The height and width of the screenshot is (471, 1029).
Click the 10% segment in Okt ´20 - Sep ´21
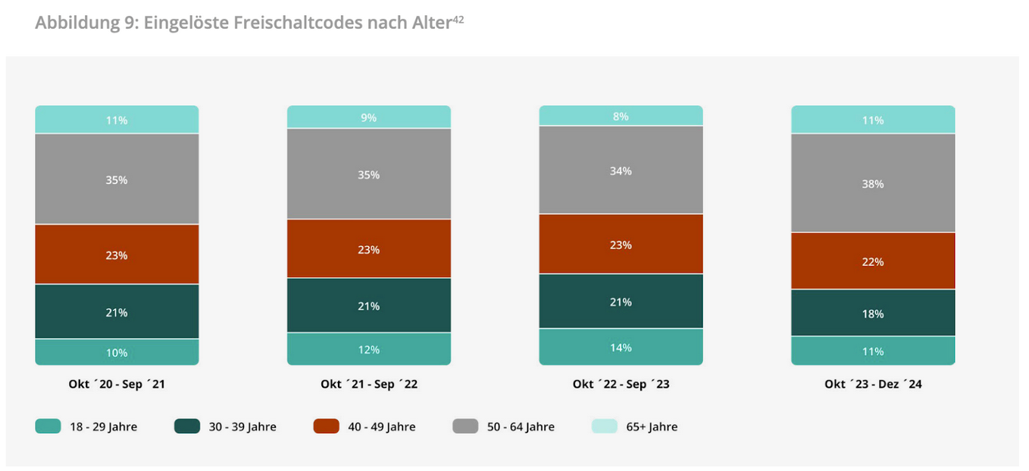pyautogui.click(x=117, y=352)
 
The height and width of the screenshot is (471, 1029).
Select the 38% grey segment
pyautogui.click(x=873, y=183)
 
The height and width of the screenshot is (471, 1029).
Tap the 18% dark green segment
pyautogui.click(x=873, y=313)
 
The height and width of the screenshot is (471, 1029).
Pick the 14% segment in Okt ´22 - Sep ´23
pyautogui.click(x=621, y=348)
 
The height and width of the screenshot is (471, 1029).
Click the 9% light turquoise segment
pyautogui.click(x=369, y=117)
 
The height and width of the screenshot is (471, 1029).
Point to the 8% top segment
pyautogui.click(x=621, y=116)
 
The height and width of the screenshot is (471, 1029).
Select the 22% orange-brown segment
pyautogui.click(x=873, y=261)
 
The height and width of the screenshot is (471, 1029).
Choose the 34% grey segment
pyautogui.click(x=621, y=170)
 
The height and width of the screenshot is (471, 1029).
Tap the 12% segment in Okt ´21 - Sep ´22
pyautogui.click(x=369, y=349)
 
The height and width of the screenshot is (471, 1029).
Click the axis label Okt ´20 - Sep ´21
pyautogui.click(x=117, y=384)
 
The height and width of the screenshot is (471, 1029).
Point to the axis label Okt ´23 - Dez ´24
pyautogui.click(x=873, y=384)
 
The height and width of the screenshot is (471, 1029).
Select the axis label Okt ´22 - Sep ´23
pyautogui.click(x=621, y=384)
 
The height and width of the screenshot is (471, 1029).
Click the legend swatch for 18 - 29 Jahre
pyautogui.click(x=48, y=426)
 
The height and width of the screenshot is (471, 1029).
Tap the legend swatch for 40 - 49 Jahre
pyautogui.click(x=326, y=426)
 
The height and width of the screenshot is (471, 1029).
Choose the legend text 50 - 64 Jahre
pyautogui.click(x=521, y=427)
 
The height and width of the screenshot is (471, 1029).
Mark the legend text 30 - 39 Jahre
pyautogui.click(x=242, y=427)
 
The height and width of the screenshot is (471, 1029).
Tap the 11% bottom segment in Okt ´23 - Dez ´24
pyautogui.click(x=873, y=351)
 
